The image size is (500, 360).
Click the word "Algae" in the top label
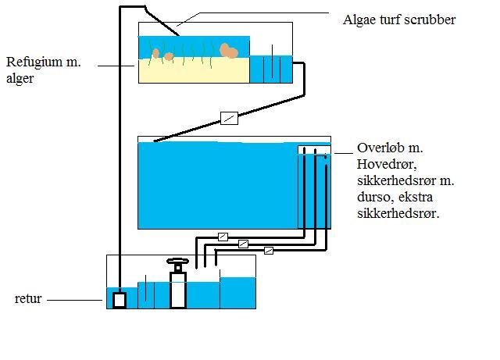[x=362, y=19]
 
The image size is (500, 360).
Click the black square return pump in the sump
[x=119, y=299]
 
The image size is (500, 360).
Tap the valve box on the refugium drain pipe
[x=229, y=118]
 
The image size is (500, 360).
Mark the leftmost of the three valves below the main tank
[x=223, y=236]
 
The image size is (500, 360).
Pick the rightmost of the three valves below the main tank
[x=269, y=251]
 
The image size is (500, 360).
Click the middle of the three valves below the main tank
[x=244, y=244]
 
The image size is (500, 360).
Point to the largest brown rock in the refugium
[x=228, y=51]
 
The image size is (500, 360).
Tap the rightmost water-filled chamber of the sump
[x=237, y=293]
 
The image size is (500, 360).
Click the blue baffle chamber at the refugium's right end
[x=270, y=69]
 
